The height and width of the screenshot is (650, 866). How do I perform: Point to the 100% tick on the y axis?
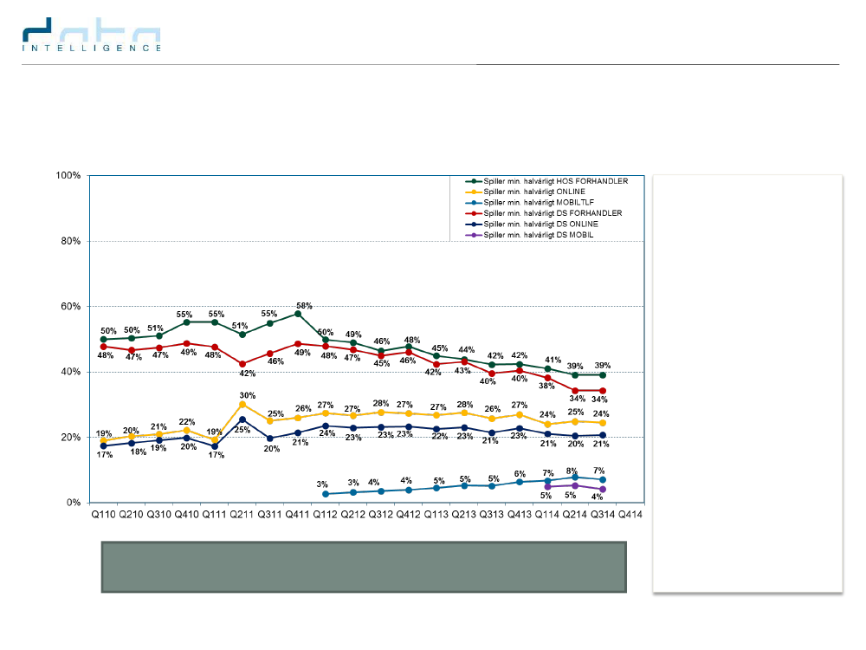[68, 176]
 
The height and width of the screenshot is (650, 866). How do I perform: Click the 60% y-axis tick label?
[69, 307]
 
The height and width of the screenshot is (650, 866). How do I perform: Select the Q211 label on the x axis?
[242, 515]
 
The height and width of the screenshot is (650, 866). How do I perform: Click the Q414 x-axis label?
[630, 515]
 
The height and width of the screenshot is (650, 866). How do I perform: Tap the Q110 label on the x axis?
[103, 515]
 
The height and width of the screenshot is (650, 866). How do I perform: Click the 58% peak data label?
[303, 306]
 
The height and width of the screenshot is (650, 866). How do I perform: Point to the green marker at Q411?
[298, 314]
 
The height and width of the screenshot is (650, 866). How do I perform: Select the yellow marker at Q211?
[242, 405]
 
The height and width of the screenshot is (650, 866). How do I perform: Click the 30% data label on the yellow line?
[248, 394]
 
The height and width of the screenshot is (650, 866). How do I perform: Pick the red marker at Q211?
[242, 364]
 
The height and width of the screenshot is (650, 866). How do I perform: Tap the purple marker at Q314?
[603, 490]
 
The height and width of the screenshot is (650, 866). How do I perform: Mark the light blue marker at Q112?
[326, 494]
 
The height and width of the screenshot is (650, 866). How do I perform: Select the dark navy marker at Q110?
[104, 446]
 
